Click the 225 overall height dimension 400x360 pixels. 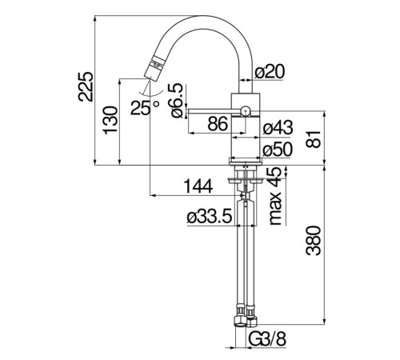click(86, 86)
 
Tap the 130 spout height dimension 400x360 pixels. click(110, 120)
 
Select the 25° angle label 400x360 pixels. click(145, 107)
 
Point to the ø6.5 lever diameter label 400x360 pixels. click(178, 101)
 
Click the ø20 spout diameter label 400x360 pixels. click(270, 71)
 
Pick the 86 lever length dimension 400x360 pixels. click(218, 124)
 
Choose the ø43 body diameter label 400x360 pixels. click(278, 127)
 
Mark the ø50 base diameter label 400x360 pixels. click(278, 149)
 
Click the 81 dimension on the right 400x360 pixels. click(314, 139)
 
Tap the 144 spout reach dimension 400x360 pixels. click(198, 186)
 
